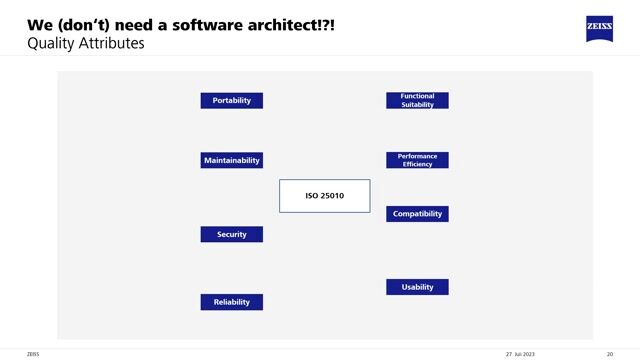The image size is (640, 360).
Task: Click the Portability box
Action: (232, 100)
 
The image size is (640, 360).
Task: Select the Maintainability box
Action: (232, 160)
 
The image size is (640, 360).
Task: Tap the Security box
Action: (232, 234)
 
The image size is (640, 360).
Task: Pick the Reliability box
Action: (232, 302)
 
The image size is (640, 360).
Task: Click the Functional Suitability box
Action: (417, 100)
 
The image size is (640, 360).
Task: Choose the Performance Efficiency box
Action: (417, 160)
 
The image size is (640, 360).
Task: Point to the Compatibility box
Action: (417, 214)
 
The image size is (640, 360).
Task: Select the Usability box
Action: (417, 287)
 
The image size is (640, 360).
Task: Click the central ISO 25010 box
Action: (324, 196)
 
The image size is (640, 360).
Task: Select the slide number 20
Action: (610, 353)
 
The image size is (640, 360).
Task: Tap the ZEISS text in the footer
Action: (33, 353)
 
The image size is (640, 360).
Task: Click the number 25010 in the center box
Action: (332, 196)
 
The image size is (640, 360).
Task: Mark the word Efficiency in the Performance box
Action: (417, 164)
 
